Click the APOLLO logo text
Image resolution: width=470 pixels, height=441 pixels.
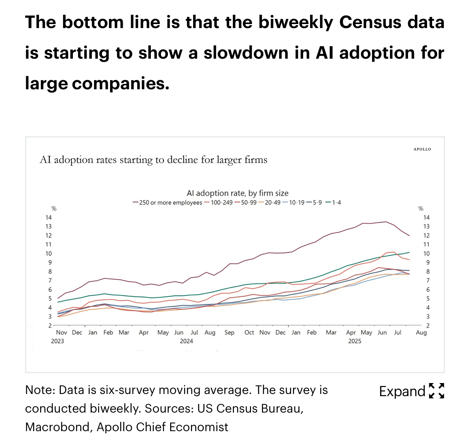click(x=422, y=149)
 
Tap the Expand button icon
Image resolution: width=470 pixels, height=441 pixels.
click(x=436, y=391)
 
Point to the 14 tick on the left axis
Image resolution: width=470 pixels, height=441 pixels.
click(x=48, y=218)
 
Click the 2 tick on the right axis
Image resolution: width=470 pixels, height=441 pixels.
click(x=428, y=325)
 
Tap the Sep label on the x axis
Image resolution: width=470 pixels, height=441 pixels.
click(x=230, y=332)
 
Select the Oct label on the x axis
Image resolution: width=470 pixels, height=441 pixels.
click(x=249, y=332)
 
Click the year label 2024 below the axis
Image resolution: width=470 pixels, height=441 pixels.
click(x=187, y=341)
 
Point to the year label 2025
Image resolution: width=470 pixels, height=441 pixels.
click(x=355, y=341)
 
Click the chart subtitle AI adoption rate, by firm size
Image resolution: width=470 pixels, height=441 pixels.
click(x=238, y=193)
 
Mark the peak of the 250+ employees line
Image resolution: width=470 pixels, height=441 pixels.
click(x=386, y=222)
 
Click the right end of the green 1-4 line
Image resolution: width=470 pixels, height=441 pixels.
click(x=410, y=252)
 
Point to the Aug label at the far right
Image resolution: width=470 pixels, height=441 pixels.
click(x=421, y=332)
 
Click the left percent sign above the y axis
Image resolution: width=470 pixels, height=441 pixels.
click(x=54, y=209)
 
